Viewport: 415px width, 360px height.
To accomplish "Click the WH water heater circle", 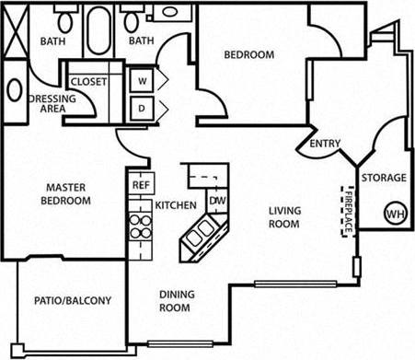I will (x=394, y=213).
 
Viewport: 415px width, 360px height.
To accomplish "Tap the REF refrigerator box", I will (x=141, y=184).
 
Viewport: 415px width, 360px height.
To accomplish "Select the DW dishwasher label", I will (x=217, y=201).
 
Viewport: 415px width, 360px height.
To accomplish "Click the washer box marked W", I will (x=143, y=80).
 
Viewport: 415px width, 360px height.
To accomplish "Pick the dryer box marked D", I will (x=143, y=107).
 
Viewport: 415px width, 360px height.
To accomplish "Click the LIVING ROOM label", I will (x=285, y=217).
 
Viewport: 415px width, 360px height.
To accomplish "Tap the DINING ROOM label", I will (x=174, y=301).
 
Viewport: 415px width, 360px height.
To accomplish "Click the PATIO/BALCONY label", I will (x=73, y=300).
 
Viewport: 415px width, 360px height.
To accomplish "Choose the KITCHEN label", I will (x=176, y=204).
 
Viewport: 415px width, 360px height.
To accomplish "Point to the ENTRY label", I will (x=325, y=143).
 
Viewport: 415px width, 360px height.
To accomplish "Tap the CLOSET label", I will (x=89, y=81).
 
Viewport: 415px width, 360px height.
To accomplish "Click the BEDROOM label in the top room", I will (x=249, y=55).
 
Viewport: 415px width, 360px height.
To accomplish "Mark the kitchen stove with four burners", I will (x=140, y=225).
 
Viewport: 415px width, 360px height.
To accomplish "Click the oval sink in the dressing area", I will (x=15, y=91).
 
